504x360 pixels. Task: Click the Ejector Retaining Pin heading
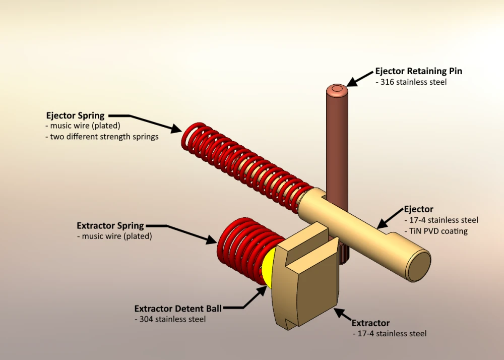coord(418,71)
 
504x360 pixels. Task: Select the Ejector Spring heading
coord(75,115)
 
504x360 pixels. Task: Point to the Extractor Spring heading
coord(110,225)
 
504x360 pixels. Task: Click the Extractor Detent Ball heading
coord(178,308)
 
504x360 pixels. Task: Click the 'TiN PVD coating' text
coord(436,231)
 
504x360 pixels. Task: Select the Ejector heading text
coord(418,209)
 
